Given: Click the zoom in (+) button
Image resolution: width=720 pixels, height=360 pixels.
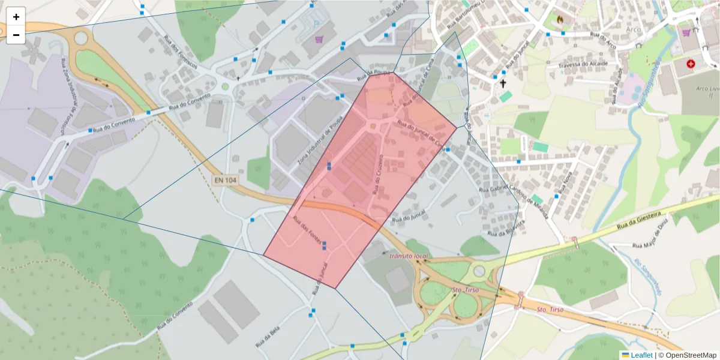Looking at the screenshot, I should coord(16,17).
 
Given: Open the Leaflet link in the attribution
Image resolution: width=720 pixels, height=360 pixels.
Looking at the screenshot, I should coord(641,355).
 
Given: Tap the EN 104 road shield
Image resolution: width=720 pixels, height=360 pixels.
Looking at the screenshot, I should coord(224,179).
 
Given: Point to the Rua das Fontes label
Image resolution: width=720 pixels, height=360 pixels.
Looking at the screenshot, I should coord(307,229).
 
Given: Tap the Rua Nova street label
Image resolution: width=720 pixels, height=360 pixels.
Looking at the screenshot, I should coord(565,182).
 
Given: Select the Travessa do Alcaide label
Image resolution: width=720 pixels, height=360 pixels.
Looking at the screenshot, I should coord(583,64).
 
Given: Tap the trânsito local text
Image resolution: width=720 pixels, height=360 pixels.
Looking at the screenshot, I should coord(409,256).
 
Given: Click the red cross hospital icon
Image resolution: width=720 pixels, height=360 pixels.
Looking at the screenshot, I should coord(691,63).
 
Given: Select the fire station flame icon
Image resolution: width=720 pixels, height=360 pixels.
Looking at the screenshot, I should coord(560,19).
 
